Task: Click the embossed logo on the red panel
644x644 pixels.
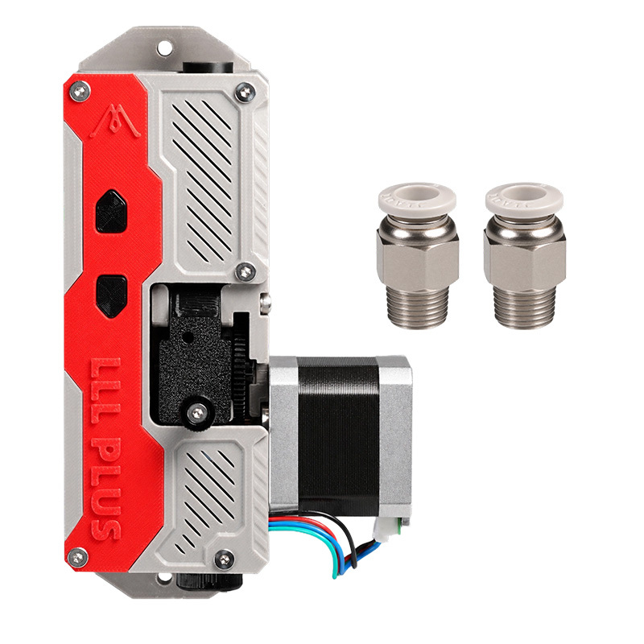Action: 115,121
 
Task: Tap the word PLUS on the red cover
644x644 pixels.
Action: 106,489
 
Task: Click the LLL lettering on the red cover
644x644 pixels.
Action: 105,390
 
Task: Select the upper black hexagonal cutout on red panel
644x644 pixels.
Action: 112,211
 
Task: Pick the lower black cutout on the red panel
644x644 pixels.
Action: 112,296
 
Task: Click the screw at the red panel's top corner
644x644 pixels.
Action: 80,91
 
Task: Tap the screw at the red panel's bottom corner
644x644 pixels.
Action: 77,557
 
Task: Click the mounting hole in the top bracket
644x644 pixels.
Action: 165,47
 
